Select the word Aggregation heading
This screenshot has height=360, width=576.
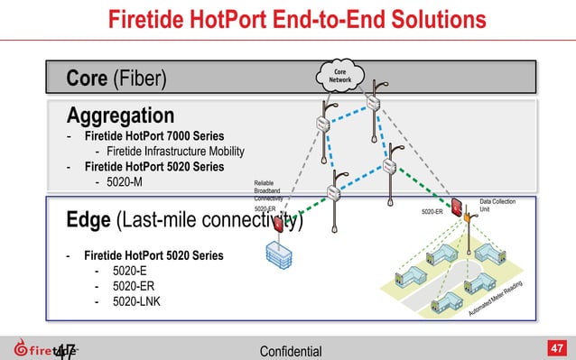(x=120, y=115)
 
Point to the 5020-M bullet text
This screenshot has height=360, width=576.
(x=125, y=184)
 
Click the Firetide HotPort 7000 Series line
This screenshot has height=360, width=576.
(x=154, y=135)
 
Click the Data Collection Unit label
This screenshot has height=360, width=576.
(x=497, y=207)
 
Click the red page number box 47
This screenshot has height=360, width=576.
(x=557, y=347)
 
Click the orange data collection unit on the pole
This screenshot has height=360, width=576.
(x=468, y=216)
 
